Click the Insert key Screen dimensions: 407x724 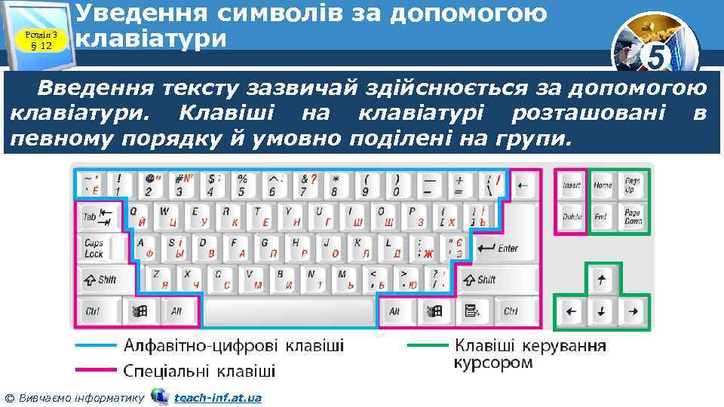[x=572, y=185]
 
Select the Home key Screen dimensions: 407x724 [x=603, y=185]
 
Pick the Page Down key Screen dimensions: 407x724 [x=633, y=217]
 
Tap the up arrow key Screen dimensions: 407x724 [x=602, y=280]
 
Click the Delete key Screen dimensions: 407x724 [x=572, y=217]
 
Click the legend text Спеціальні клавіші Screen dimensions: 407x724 [x=199, y=371]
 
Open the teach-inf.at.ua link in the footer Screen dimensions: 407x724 [x=217, y=397]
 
